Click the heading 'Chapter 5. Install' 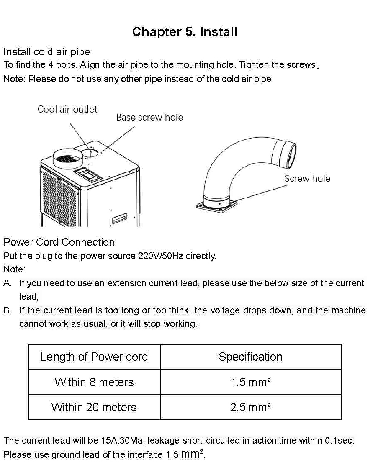point(185,32)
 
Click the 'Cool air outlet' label point(67,109)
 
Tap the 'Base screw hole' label point(149,118)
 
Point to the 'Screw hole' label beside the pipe point(307,179)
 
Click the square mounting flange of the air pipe point(216,205)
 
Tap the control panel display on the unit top point(88,174)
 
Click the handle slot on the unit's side point(120,218)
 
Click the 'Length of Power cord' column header point(94,357)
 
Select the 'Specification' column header point(250,357)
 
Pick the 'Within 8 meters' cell point(94,382)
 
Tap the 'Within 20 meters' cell point(94,407)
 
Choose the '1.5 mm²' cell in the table point(251,382)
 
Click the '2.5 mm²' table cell point(250,407)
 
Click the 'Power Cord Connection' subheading point(59,242)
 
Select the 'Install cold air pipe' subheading point(47,52)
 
